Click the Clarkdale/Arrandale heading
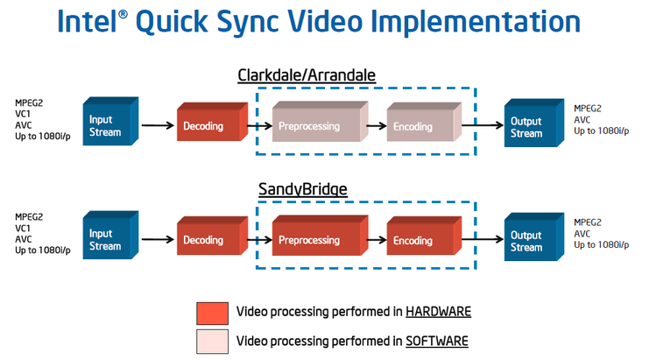pos(307,75)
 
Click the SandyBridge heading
pos(302,189)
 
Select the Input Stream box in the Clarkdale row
pos(110,122)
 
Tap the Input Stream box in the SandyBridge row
pos(110,236)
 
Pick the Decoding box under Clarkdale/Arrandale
pos(213,122)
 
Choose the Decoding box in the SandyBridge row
pos(213,236)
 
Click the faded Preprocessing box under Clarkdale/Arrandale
pos(320,122)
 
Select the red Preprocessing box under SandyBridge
pos(320,236)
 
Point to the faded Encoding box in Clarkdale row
pos(424,122)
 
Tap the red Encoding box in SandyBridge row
pos(424,236)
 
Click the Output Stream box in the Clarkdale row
pos(534,124)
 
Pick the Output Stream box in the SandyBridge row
pos(534,236)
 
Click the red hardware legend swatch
pos(213,314)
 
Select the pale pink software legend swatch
pos(213,342)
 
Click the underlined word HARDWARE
pos(439,312)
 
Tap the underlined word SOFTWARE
pos(437,341)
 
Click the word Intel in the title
pos(87,21)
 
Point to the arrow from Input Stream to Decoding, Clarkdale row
pos(158,125)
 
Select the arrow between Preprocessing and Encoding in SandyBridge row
pos(377,240)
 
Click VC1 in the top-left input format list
pos(23,114)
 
